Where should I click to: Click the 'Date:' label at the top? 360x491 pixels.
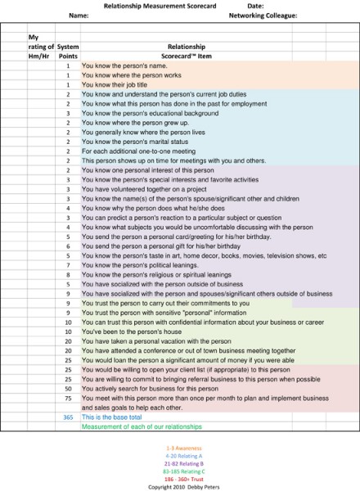(254, 6)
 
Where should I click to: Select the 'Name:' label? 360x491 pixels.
(79, 15)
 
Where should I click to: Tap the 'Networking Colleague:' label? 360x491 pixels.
(263, 15)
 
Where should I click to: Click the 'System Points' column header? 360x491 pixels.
(69, 52)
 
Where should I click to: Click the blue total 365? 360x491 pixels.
(68, 417)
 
